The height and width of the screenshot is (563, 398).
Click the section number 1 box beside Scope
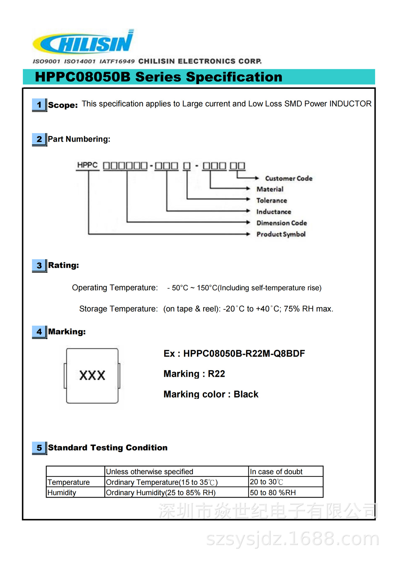pos(39,105)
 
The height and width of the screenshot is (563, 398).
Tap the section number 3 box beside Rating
pos(39,265)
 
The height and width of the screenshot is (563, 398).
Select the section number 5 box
pos(39,448)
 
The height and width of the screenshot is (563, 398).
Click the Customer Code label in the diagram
pos(289,178)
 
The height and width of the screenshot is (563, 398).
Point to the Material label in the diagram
pos(270,189)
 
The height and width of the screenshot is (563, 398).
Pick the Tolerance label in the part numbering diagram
pos(272,201)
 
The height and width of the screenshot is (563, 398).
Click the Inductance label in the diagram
pos(274,212)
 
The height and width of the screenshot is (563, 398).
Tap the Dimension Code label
pos(282,223)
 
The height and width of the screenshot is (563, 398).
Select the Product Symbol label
pos(281,234)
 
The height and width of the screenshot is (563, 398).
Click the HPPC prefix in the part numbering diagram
pos(87,165)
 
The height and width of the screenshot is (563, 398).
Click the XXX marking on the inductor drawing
pos(92,375)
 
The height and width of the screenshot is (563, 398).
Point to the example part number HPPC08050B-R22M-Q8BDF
pos(244,354)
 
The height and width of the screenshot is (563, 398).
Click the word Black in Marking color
pos(246,394)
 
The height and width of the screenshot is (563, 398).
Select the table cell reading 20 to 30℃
pos(266,482)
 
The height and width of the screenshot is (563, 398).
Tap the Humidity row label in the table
pos(62,493)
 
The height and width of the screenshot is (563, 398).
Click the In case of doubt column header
pos(276,472)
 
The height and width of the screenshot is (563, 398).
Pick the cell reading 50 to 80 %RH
pos(273,493)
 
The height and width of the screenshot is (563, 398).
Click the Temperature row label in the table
pos(69,482)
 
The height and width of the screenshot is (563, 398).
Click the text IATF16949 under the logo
pos(117,61)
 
